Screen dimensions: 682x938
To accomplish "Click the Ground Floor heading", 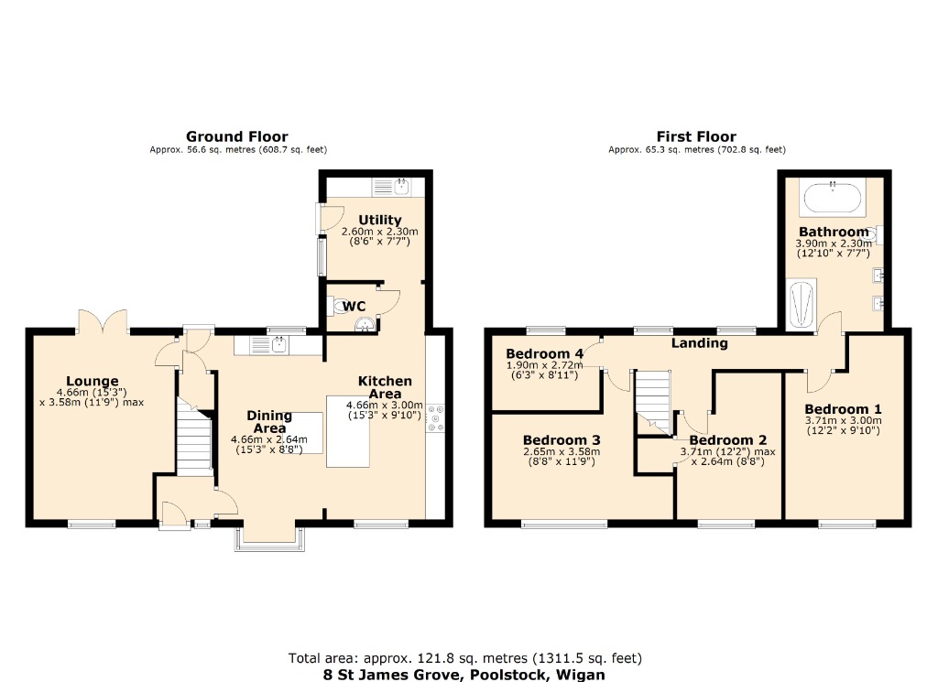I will tap(236, 136).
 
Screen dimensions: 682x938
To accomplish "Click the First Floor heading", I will tap(696, 136).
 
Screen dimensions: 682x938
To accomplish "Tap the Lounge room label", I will tap(92, 382).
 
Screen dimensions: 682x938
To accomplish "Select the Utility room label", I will tap(380, 220).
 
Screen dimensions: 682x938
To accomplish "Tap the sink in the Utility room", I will tap(400, 187).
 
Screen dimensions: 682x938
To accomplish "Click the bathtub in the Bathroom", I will tap(832, 196).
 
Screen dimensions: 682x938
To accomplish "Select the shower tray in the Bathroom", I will tap(802, 304).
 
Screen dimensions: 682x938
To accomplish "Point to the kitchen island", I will tap(351, 431).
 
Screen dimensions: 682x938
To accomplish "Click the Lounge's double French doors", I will tap(102, 322).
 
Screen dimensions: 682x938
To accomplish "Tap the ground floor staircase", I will tap(193, 441).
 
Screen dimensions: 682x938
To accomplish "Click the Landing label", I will tap(700, 343).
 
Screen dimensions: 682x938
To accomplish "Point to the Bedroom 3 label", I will tap(562, 439).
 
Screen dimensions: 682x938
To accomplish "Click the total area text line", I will tap(464, 657).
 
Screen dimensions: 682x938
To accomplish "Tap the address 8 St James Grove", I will tap(464, 673).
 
